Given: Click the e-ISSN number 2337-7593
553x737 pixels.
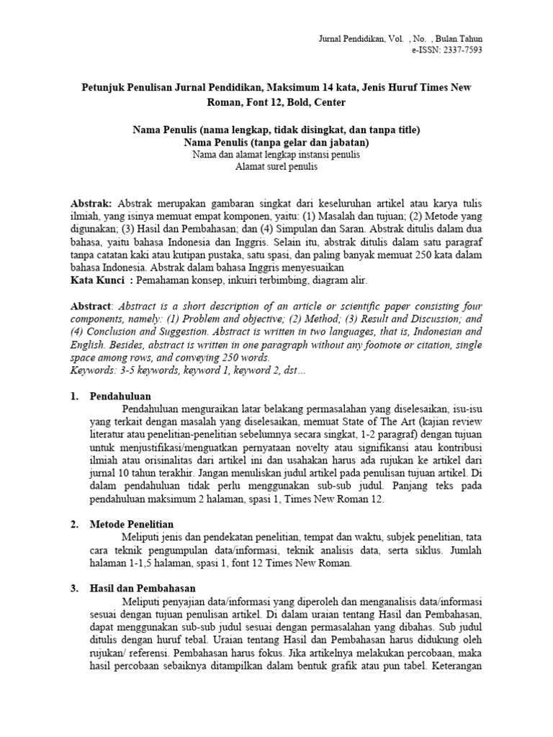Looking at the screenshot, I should point(458,50).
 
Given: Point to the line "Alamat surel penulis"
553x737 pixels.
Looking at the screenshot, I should point(276,167).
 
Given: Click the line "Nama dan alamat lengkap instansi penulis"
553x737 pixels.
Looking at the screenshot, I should point(276,155).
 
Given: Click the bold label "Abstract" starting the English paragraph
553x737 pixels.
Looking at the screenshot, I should point(91,306).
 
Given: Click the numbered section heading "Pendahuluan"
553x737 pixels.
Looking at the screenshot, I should point(120,396).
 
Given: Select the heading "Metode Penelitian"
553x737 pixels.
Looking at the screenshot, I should point(132,524).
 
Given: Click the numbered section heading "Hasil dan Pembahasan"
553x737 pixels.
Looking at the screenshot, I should point(140,588).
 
